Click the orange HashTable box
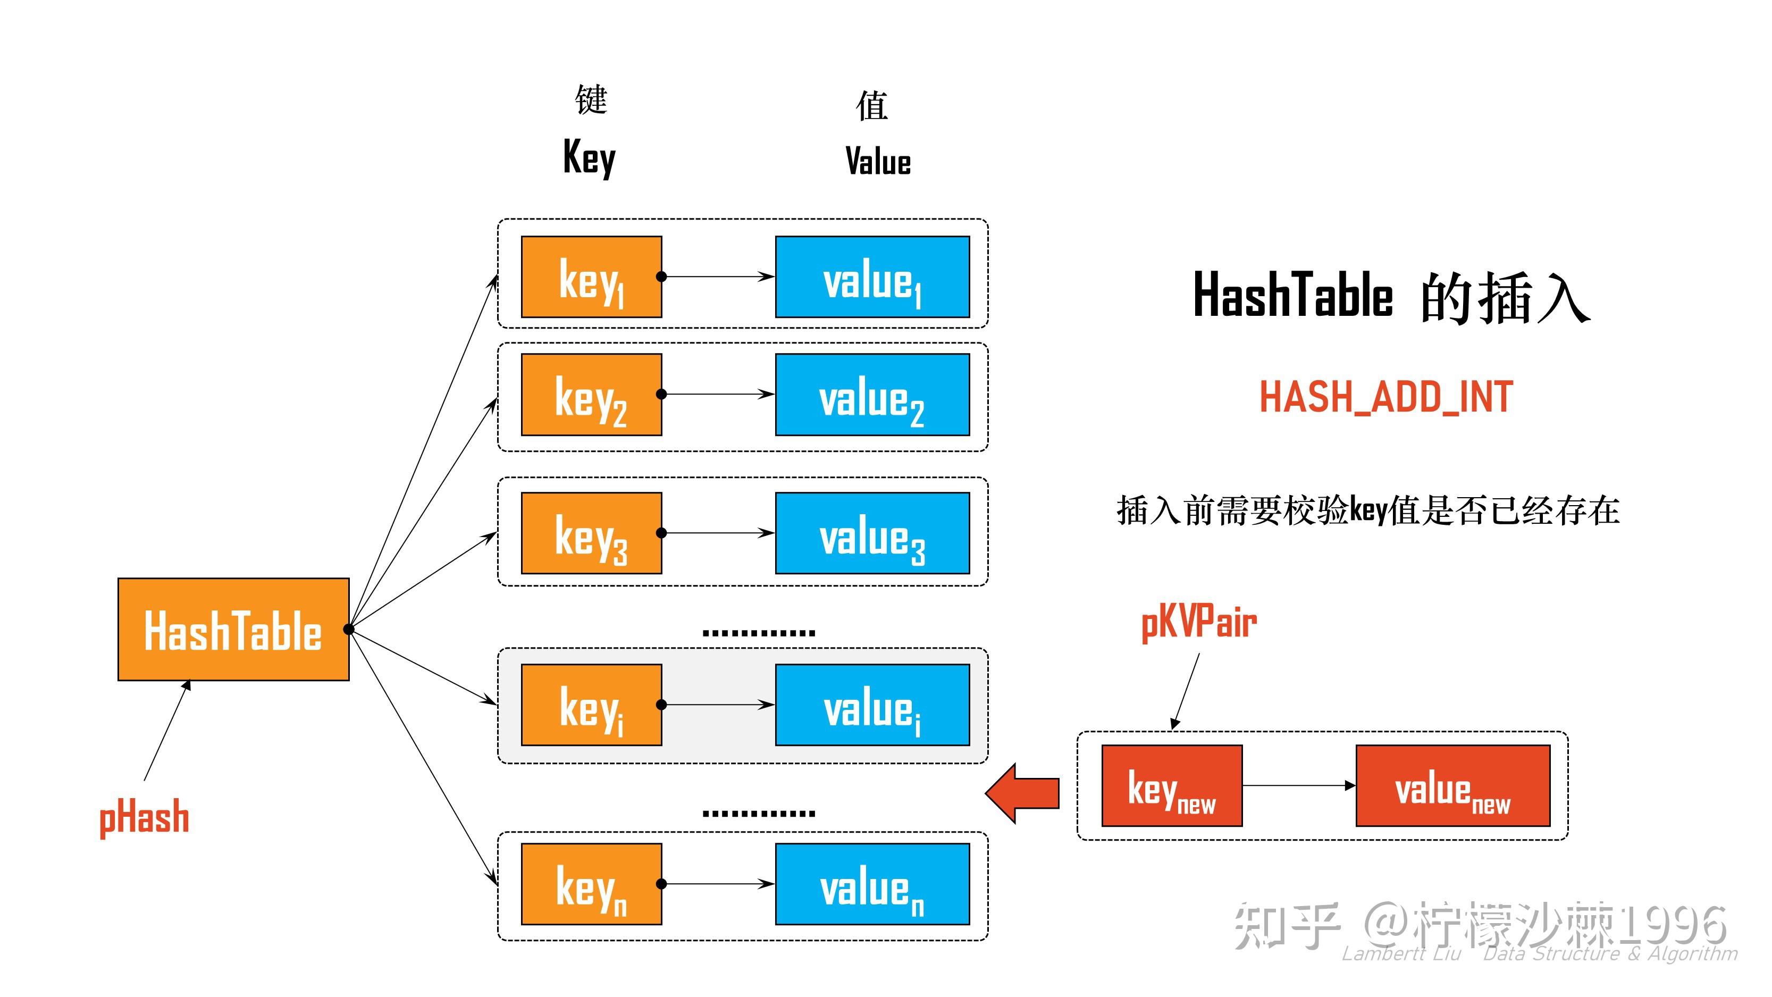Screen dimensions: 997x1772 pos(233,630)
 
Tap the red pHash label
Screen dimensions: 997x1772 pos(145,817)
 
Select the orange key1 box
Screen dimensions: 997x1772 pos(591,277)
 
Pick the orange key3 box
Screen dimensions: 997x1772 pos(591,533)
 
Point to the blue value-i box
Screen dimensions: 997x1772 pos(872,705)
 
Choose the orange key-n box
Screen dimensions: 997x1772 pos(591,884)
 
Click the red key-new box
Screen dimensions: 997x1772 pos(1171,786)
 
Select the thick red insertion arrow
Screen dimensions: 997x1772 pos(1023,793)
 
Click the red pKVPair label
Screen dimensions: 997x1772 pos(1199,623)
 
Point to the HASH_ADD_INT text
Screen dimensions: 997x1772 pos(1386,398)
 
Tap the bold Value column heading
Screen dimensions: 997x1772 pos(878,161)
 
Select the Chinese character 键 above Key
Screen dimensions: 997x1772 pos(591,100)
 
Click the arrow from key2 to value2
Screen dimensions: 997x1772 pos(719,394)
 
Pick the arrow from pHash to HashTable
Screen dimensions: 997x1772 pos(166,731)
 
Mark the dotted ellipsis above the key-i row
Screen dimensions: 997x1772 pos(759,632)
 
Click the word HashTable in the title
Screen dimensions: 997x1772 pos(1292,296)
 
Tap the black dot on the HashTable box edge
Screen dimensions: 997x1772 pos(349,629)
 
